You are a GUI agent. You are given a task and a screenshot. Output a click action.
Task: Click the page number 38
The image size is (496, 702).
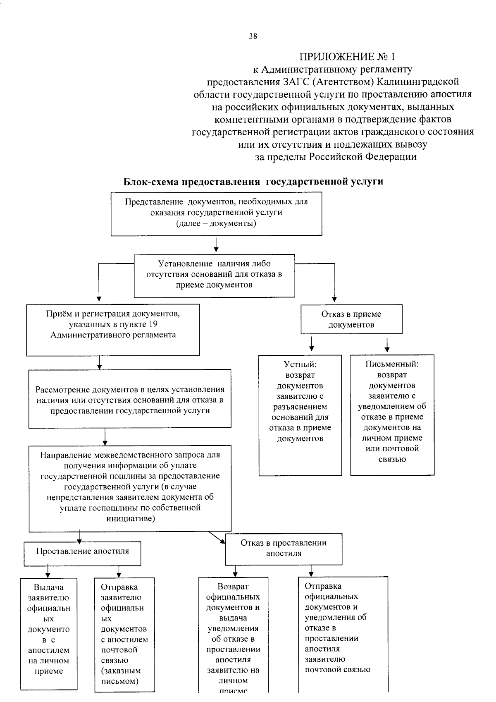[x=253, y=36]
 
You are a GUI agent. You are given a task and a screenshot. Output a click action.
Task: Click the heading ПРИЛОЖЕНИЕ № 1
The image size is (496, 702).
[x=347, y=56]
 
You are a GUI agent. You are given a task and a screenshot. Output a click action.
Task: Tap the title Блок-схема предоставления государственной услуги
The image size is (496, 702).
[x=253, y=182]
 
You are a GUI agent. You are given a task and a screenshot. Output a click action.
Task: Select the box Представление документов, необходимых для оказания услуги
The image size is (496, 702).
[x=216, y=213]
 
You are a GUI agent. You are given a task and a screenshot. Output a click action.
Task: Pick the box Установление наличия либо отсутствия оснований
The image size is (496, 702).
[x=214, y=275]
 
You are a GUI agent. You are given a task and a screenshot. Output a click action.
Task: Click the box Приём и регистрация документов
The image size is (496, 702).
[x=113, y=330]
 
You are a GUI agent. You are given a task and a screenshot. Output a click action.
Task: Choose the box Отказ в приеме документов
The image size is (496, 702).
[x=351, y=319]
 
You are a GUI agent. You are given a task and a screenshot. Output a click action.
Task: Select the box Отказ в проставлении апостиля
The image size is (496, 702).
[x=284, y=549]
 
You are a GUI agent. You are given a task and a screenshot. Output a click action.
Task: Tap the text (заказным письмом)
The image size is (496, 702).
[x=120, y=676]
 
